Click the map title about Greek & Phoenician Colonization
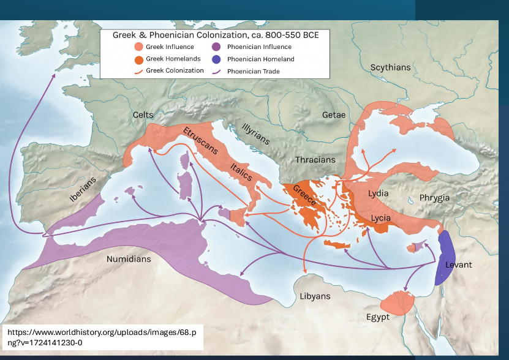coord(215,35)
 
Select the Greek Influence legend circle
coord(139,47)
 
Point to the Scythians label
coord(390,67)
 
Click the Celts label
coord(143,115)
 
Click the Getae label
coord(334,115)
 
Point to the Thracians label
coord(315,160)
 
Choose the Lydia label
coord(378,193)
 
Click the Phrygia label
coord(434,198)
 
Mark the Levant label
coord(459,264)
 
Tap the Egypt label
coord(378,317)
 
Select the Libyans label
coord(315,296)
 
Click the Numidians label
coord(129,259)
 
